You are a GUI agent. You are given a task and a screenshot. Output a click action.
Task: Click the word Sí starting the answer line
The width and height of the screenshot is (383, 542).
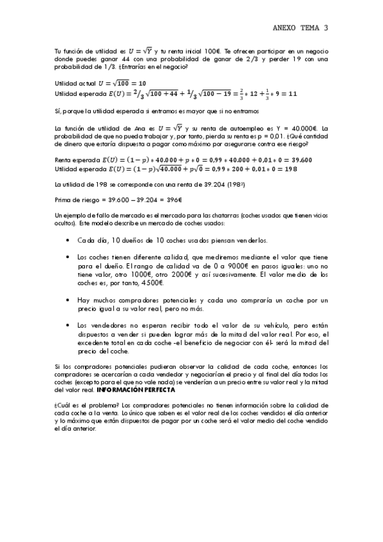[x=58, y=111]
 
